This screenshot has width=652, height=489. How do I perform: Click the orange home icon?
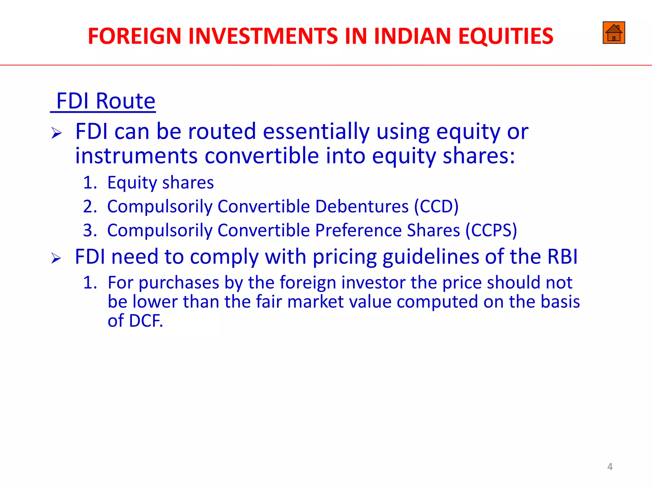click(x=613, y=33)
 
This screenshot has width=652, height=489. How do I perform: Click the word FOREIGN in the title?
click(x=134, y=36)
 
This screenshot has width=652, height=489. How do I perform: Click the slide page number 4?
click(x=610, y=467)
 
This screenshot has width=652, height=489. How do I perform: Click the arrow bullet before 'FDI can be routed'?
click(x=56, y=133)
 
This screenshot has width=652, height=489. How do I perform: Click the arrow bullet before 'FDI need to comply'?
click(x=56, y=258)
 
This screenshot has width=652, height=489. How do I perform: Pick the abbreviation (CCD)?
click(x=436, y=207)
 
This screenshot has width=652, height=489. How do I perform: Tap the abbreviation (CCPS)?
click(x=491, y=230)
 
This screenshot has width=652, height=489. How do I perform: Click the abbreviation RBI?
click(x=562, y=257)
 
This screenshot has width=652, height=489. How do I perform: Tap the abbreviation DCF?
click(x=145, y=321)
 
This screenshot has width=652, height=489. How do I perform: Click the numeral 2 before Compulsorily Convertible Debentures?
click(x=89, y=207)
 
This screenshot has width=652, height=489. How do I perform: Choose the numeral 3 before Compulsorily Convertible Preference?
click(x=89, y=230)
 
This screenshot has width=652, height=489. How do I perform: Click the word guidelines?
click(x=430, y=257)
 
